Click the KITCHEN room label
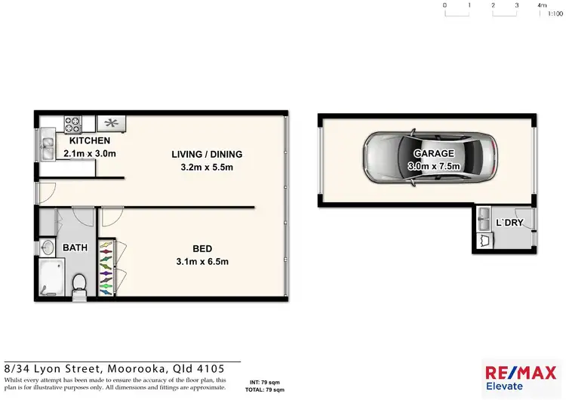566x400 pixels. pos(90,141)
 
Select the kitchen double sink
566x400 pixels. pos(48,143)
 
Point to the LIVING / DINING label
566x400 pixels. pos(206,155)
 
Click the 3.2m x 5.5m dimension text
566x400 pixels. pos(206,167)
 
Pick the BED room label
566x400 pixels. pos(201,249)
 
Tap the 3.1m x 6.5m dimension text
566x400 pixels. pos(201,262)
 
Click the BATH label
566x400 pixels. pos(75,248)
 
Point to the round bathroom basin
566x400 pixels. pos(47,247)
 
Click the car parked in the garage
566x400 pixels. pos(430,158)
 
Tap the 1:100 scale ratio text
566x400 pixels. pos(555,14)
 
